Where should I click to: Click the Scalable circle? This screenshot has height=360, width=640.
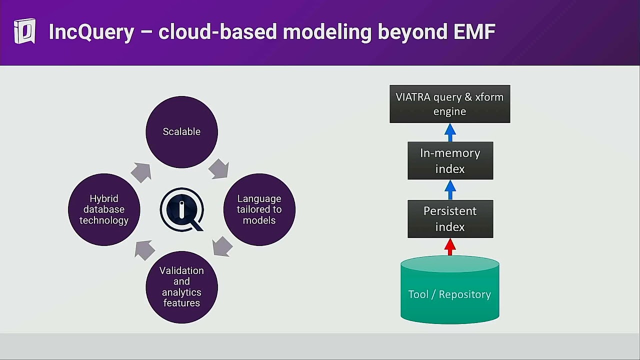coord(181,132)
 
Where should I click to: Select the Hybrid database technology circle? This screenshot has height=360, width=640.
coord(104,209)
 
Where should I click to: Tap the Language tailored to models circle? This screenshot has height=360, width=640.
coord(259,209)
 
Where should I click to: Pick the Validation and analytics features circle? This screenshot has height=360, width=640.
coord(181,287)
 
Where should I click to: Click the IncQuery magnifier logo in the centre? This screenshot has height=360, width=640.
coord(182,209)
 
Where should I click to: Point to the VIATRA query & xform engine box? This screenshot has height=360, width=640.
coord(449,104)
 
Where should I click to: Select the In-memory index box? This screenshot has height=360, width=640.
coord(450,160)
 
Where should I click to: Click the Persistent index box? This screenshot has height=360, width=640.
coord(450,219)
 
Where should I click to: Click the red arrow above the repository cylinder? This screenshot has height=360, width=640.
coord(450,247)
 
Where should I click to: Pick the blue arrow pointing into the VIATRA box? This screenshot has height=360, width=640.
coord(450,132)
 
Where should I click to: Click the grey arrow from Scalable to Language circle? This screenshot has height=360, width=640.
coord(218,169)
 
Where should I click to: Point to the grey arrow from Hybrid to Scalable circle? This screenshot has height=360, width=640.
coord(141,172)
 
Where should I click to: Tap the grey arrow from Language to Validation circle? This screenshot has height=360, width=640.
coord(222,246)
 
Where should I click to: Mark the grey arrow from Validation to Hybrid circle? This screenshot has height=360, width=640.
coord(144,250)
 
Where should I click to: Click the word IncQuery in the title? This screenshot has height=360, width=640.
coord(91,32)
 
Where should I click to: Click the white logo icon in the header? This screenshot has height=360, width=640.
coord(24,31)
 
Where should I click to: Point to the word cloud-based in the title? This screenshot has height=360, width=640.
coord(218,32)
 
